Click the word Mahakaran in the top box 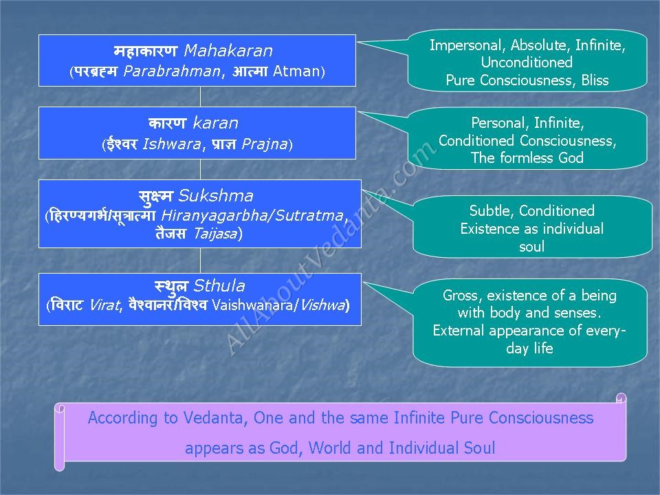228,51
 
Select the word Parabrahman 172,71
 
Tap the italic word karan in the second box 215,123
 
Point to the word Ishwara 172,144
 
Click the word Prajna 265,144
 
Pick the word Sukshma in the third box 216,196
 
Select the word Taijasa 215,233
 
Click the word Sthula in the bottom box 219,286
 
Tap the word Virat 104,305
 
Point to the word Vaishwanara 252,305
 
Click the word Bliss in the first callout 595,80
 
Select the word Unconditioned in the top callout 527,63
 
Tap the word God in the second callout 571,158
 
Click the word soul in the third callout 531,246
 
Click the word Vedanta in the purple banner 214,418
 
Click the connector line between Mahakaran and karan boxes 200,97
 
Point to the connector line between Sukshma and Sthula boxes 200,261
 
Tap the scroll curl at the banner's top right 621,398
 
